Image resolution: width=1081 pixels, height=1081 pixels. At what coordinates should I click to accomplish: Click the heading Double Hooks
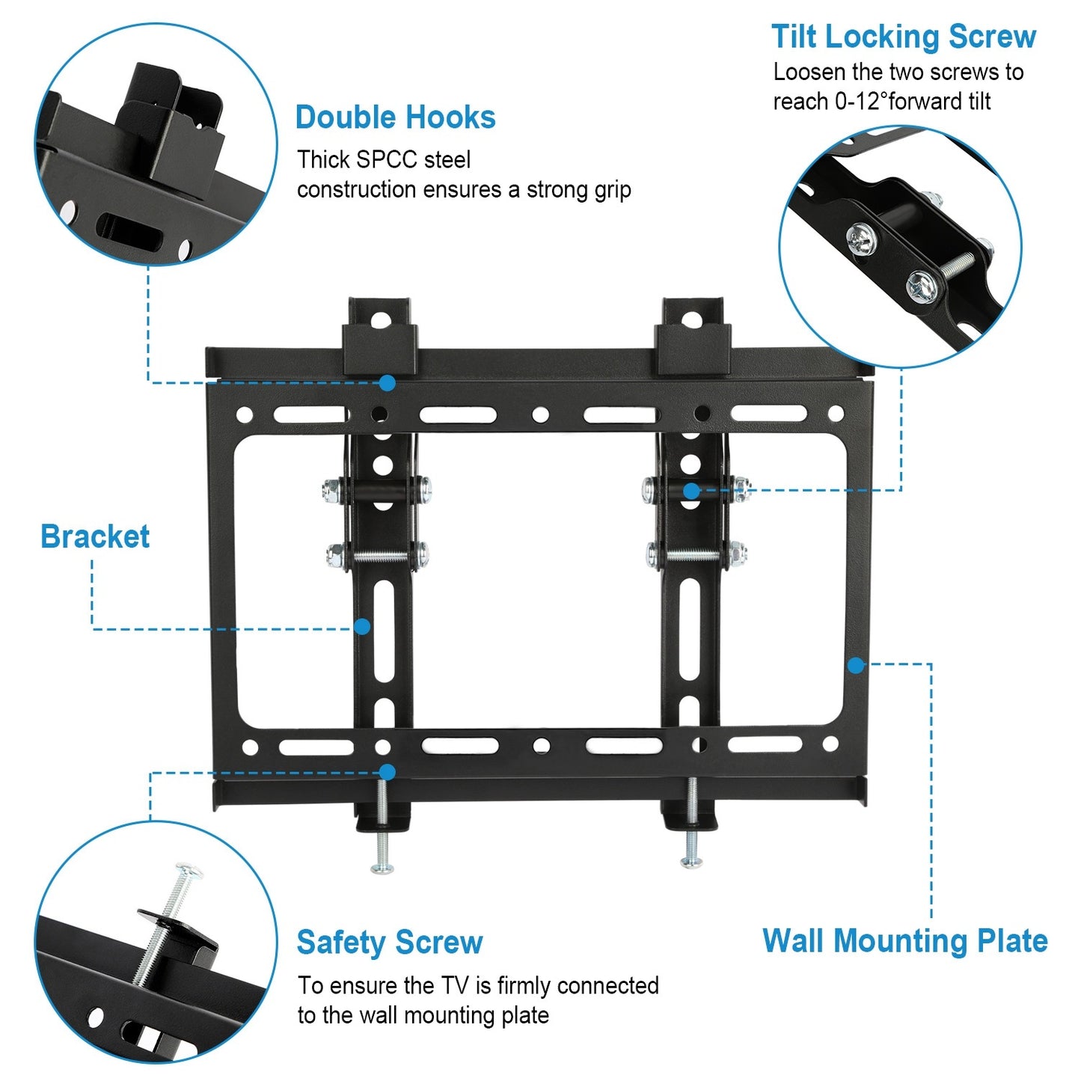click(x=395, y=117)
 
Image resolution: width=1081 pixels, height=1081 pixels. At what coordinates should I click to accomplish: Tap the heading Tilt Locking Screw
click(x=903, y=37)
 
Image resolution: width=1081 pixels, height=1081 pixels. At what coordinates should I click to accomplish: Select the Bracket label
click(x=95, y=536)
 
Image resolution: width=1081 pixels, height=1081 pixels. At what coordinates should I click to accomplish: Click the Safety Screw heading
click(x=389, y=942)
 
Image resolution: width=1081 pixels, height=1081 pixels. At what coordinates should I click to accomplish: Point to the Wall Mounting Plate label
click(x=904, y=940)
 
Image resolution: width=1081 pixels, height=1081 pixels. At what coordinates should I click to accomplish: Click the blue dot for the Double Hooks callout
click(x=387, y=383)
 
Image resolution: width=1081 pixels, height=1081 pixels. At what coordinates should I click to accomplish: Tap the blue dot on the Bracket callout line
click(x=362, y=627)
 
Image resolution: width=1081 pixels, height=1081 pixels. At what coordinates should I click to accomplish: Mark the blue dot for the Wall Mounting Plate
click(x=856, y=664)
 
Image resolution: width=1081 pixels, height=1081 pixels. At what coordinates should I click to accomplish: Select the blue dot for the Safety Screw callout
click(x=387, y=772)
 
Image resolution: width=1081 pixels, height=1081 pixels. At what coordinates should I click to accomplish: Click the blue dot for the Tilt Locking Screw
click(x=692, y=491)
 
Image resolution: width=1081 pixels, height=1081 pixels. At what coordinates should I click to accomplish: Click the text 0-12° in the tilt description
click(x=860, y=102)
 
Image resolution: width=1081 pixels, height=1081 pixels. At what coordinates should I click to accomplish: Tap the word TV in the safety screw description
click(x=454, y=986)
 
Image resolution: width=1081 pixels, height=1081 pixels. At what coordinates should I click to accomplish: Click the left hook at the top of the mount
click(x=379, y=337)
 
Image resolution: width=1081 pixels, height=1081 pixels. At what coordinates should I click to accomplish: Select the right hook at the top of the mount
click(x=693, y=337)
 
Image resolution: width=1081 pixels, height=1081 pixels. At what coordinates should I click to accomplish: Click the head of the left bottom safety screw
click(x=382, y=868)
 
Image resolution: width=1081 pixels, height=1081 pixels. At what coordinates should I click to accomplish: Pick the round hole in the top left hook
click(x=381, y=320)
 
